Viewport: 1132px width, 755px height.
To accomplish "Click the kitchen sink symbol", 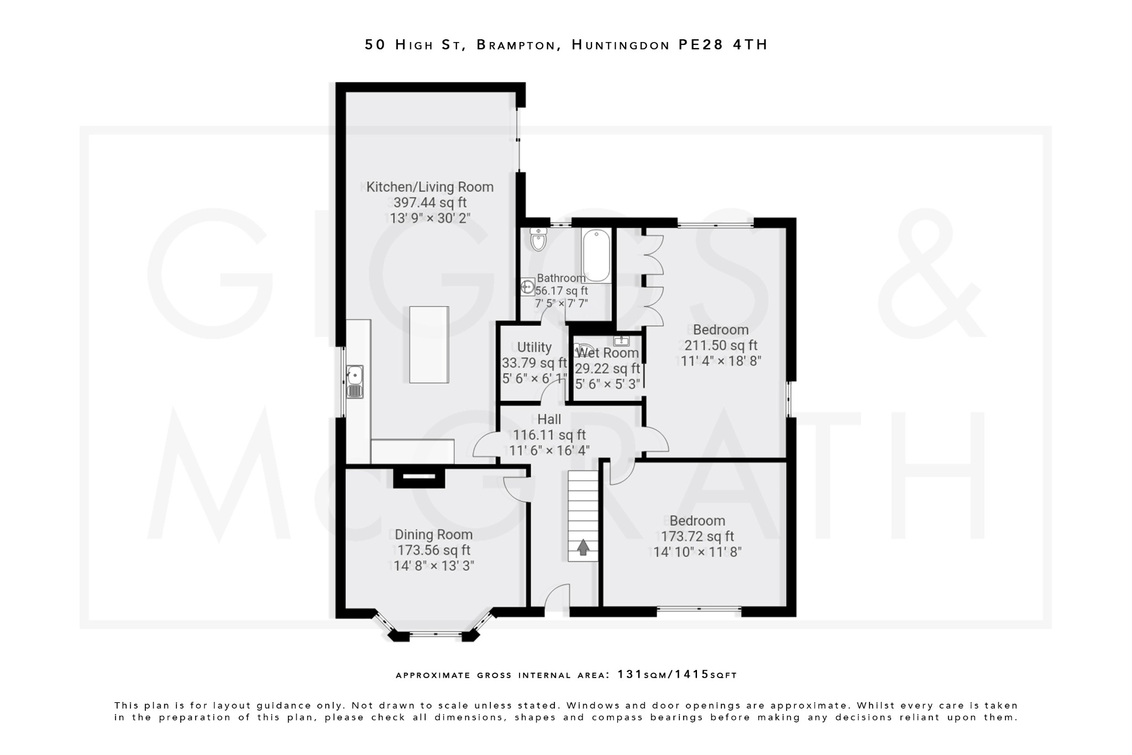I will pyautogui.click(x=354, y=381).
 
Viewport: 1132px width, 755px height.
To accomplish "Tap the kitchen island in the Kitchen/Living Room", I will pyautogui.click(x=429, y=344).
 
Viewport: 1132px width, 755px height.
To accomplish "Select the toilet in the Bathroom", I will pyautogui.click(x=537, y=239).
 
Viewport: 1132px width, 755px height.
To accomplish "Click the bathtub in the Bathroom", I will pyautogui.click(x=596, y=256).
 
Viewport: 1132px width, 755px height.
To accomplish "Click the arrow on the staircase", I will pyautogui.click(x=583, y=548).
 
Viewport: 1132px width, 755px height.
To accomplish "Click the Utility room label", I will pyautogui.click(x=534, y=347).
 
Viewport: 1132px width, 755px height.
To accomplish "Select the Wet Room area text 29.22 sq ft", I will pyautogui.click(x=607, y=368).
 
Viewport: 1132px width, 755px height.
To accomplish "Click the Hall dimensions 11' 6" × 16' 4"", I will pyautogui.click(x=549, y=450).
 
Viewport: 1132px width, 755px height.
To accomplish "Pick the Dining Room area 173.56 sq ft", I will pyautogui.click(x=433, y=550).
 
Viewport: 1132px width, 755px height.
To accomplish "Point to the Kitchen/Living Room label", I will pyautogui.click(x=429, y=187).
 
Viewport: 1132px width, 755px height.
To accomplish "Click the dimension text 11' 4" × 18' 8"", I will pyautogui.click(x=721, y=361).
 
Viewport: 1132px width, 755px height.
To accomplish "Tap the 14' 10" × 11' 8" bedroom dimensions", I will pyautogui.click(x=697, y=552).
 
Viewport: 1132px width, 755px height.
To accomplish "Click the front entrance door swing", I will pyautogui.click(x=557, y=598).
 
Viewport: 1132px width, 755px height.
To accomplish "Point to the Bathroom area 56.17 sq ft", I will pyautogui.click(x=562, y=290).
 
